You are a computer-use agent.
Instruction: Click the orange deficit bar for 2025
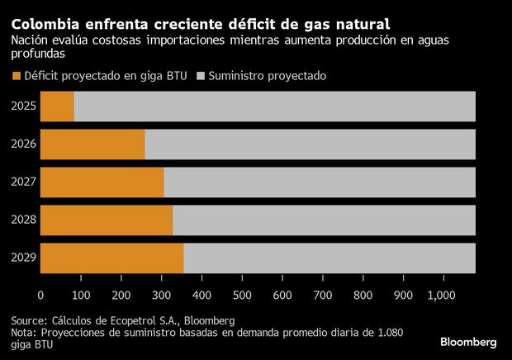pos(57,107)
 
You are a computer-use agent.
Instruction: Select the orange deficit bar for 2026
pos(92,144)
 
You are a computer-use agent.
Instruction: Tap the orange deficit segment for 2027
pos(102,182)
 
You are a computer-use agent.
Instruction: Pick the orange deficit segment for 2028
pos(107,220)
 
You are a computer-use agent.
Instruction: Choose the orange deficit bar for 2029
pos(111,258)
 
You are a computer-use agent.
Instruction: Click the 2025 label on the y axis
pos(22,107)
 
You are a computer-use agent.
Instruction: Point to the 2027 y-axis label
pos(22,182)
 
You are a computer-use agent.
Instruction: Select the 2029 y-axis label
pos(22,258)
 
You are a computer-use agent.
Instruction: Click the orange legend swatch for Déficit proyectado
pos(16,76)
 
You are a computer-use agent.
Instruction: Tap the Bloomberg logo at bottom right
pos(468,341)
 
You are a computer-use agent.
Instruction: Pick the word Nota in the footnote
pos(24,333)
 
